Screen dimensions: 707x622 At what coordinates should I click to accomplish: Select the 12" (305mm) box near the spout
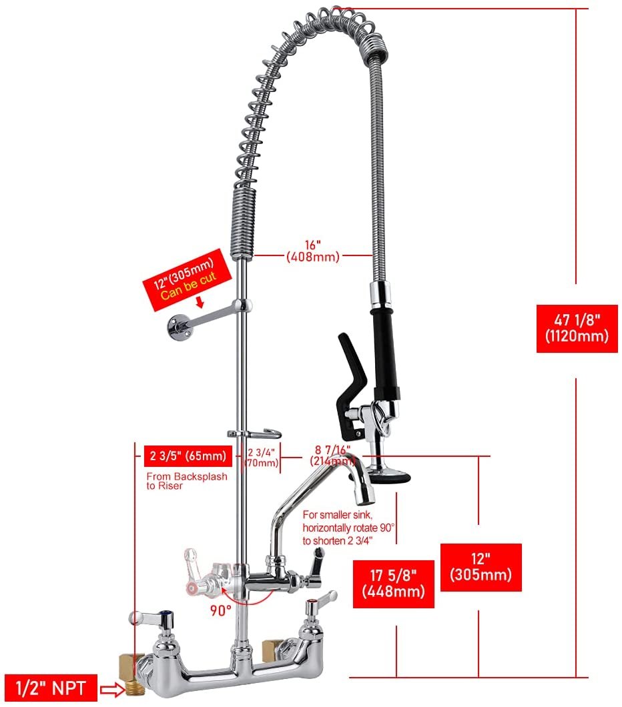481,567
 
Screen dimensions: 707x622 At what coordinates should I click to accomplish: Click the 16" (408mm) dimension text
313,250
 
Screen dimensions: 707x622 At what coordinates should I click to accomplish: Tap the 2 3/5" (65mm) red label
188,458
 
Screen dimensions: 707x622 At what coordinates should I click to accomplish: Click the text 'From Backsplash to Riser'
187,482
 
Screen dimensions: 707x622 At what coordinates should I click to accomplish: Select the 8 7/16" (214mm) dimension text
331,455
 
